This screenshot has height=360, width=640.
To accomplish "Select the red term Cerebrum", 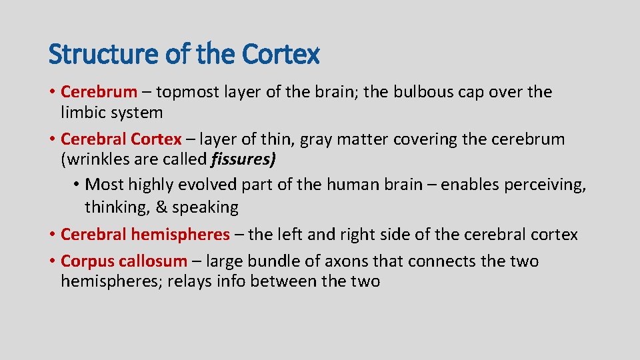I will pos(99,91).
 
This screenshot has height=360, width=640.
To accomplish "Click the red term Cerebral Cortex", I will pos(121,139).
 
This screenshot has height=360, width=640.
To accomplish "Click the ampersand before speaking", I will pos(161,207).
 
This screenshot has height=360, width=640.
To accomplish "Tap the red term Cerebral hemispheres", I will pos(145,235).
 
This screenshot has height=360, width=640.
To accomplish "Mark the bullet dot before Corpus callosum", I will pos(52,261).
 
